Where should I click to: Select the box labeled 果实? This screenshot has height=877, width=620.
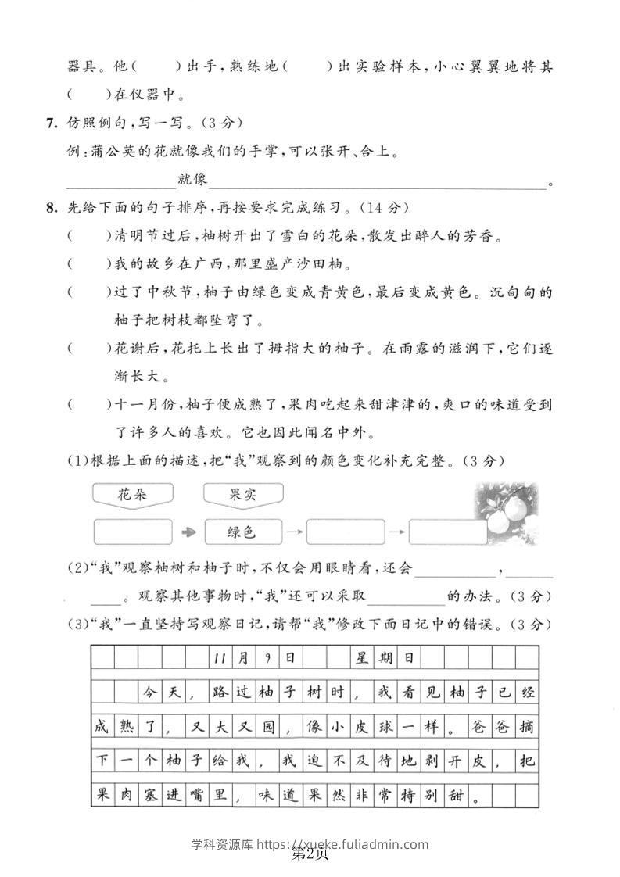[243, 494]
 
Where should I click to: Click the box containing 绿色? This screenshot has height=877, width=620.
[243, 532]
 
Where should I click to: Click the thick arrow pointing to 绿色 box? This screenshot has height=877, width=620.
[188, 532]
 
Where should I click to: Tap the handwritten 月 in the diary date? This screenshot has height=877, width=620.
[243, 657]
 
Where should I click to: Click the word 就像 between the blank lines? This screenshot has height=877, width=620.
[192, 181]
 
